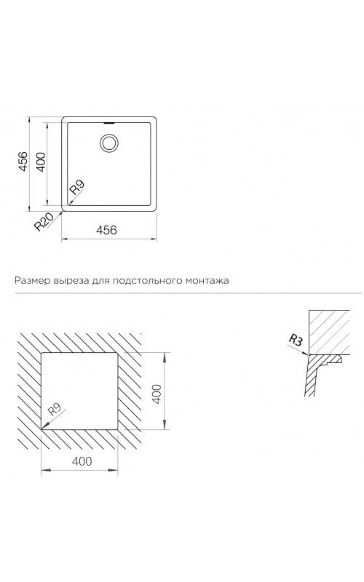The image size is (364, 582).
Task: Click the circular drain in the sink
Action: [x=109, y=143]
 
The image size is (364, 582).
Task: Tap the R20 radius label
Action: [x=43, y=221]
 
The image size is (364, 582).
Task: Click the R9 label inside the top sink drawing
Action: [x=78, y=187]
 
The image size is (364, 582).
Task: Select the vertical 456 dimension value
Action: [x=23, y=162]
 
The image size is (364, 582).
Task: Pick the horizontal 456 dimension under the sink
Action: [x=106, y=230]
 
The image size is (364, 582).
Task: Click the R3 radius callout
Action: [x=296, y=340]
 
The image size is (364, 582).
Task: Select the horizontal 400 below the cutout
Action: [x=82, y=461]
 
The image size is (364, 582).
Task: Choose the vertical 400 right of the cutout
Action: [x=157, y=394]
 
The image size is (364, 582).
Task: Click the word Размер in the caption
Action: [x=28, y=281]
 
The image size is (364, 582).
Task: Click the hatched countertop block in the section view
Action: [x=329, y=332]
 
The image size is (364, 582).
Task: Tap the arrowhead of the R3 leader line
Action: [x=306, y=354]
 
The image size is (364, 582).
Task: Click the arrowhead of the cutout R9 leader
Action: [x=44, y=427]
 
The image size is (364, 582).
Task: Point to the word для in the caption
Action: [x=97, y=281]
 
